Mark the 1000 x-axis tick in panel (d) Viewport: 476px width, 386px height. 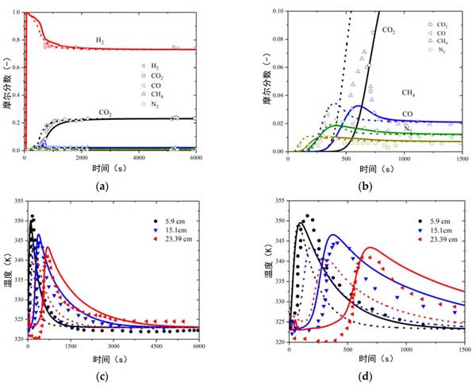[x=405, y=347]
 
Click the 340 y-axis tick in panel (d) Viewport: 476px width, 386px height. [x=278, y=272]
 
